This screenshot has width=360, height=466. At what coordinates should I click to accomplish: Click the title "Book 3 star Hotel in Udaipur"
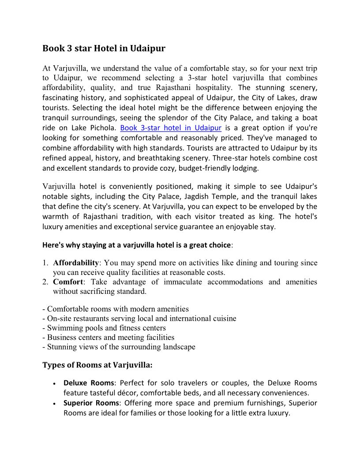coord(104,48)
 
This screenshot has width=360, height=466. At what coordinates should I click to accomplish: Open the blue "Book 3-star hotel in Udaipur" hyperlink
coord(170,128)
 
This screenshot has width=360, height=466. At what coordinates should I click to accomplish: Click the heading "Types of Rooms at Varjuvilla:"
coord(97,365)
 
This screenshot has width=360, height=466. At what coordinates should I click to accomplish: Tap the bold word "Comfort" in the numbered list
coord(68,282)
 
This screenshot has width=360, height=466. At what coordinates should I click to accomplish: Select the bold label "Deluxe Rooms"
coord(89,383)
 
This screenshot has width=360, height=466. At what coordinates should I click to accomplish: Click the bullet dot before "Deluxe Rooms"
coord(53,383)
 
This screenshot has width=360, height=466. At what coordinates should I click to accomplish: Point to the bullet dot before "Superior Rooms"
coord(53,404)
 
